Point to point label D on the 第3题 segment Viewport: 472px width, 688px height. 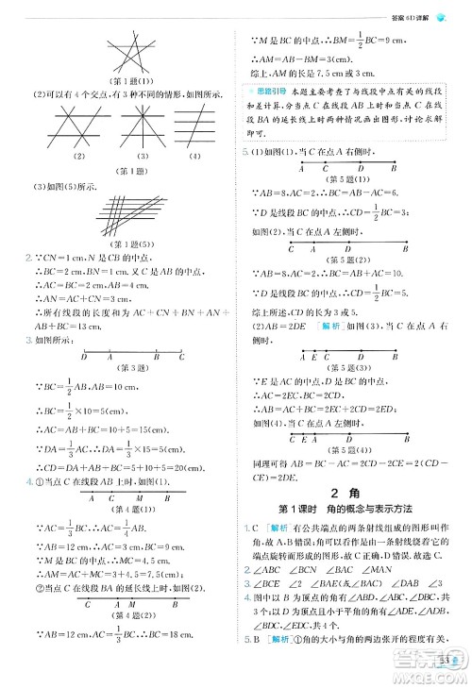(84, 357)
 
